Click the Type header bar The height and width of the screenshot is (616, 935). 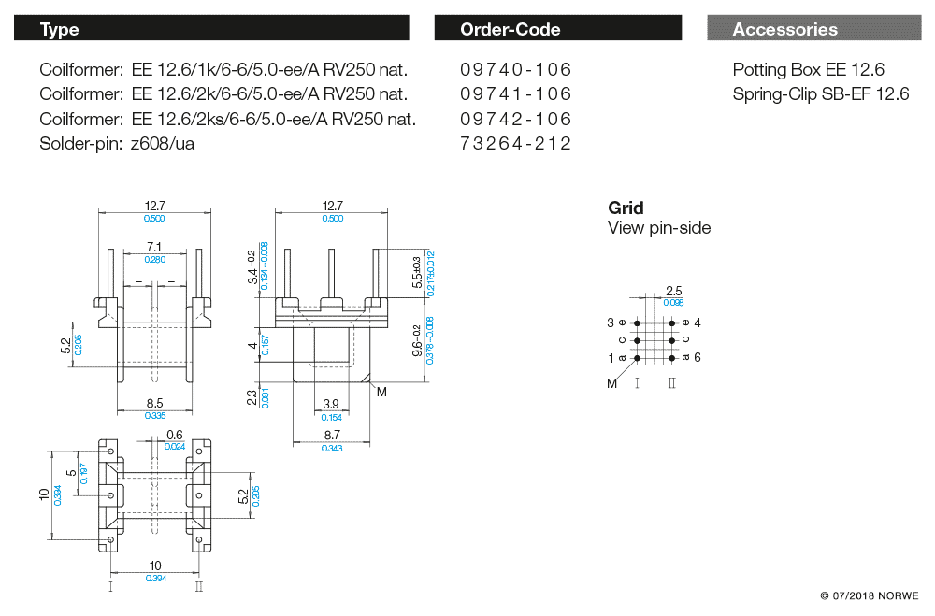[x=211, y=29]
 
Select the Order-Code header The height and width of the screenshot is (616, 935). [x=557, y=29]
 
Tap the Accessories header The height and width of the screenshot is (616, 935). [x=813, y=29]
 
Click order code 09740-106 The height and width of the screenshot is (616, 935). [x=515, y=70]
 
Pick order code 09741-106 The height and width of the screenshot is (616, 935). [x=515, y=94]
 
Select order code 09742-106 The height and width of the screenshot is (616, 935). [x=515, y=119]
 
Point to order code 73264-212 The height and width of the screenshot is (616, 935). [x=515, y=143]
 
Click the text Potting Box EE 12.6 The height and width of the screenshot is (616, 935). [x=808, y=70]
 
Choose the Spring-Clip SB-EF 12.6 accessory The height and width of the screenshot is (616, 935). [x=820, y=94]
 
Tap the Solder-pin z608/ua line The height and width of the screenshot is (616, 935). [x=117, y=143]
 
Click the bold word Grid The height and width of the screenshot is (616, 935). [x=626, y=208]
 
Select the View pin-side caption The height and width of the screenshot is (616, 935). [x=658, y=228]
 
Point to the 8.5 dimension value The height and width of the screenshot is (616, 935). [x=154, y=404]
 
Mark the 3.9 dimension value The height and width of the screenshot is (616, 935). [x=331, y=404]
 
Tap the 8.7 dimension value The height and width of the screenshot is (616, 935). [x=331, y=437]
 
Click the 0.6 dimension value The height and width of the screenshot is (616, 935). [x=175, y=435]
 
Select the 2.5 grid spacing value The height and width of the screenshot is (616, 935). [x=673, y=291]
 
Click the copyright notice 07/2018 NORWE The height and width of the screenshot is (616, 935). [x=869, y=595]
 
